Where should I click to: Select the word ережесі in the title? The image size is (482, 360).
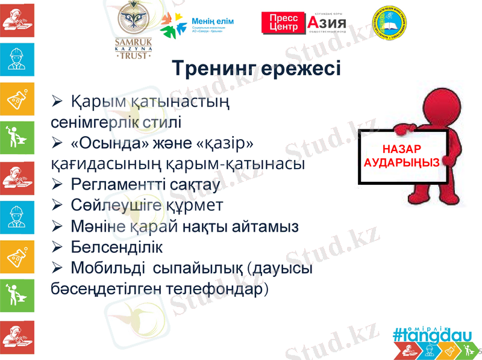304,69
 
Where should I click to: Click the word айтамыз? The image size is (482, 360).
265,226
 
